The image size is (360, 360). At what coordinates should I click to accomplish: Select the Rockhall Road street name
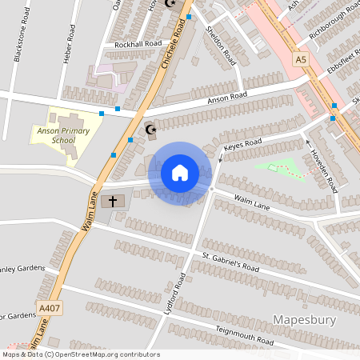137,43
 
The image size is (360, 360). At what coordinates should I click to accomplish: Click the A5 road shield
300,59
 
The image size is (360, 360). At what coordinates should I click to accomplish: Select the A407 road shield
48,307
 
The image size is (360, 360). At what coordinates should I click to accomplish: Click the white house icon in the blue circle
179,172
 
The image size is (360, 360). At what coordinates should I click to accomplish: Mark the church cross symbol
113,201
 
